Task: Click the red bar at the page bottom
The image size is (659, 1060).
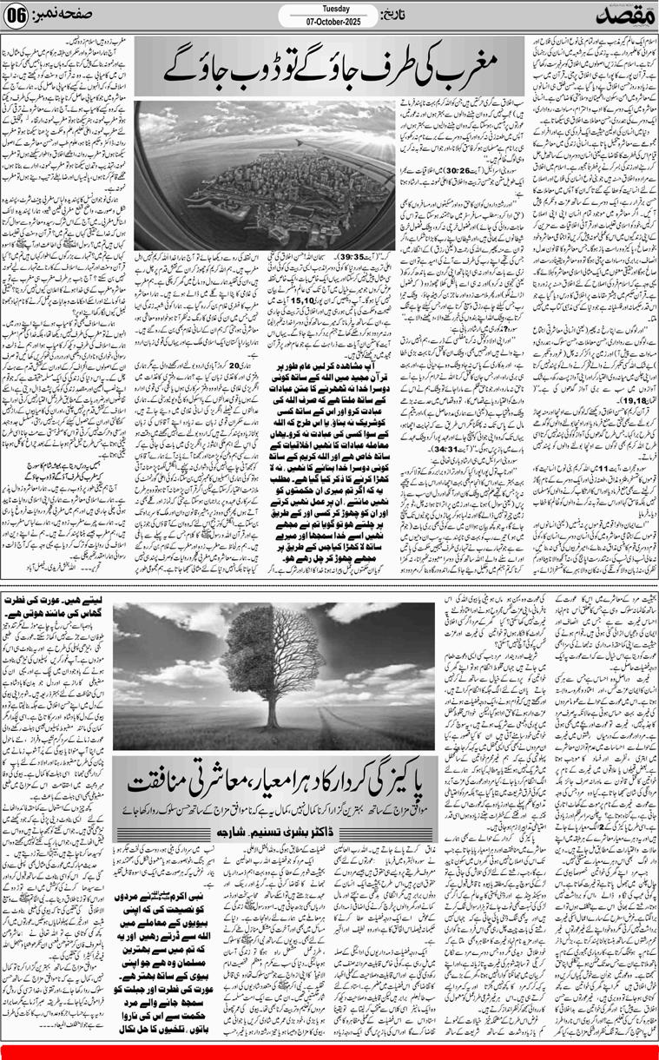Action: point(329,1054)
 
